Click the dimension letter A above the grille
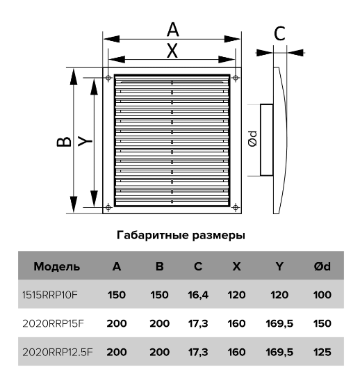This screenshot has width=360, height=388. pyautogui.click(x=172, y=29)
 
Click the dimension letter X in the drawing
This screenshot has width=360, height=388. pyautogui.click(x=172, y=51)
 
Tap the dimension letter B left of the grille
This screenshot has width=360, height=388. pyautogui.click(x=64, y=142)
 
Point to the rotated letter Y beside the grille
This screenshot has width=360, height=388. pyautogui.click(x=85, y=141)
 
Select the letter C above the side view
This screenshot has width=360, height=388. pyautogui.click(x=279, y=33)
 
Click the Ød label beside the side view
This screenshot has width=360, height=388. pyautogui.click(x=253, y=139)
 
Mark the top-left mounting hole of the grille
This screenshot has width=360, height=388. pyautogui.click(x=108, y=78)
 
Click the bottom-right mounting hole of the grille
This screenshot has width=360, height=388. pyautogui.click(x=236, y=207)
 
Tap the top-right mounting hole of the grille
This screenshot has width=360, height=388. pyautogui.click(x=236, y=78)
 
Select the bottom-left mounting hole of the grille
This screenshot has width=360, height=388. pyautogui.click(x=108, y=207)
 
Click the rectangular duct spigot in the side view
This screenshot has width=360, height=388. pyautogui.click(x=267, y=140)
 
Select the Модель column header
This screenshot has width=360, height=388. pyautogui.click(x=56, y=267)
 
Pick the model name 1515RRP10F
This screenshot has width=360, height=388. pyautogui.click(x=50, y=295)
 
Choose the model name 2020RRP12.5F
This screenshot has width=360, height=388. pyautogui.click(x=58, y=352)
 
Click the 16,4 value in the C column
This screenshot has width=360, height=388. pyautogui.click(x=198, y=295)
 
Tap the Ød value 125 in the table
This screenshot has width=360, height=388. pyautogui.click(x=322, y=352)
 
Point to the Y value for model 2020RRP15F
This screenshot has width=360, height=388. pyautogui.click(x=279, y=323)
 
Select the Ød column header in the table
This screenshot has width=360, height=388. pyautogui.click(x=322, y=266)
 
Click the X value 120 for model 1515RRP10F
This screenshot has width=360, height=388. pyautogui.click(x=236, y=295)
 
